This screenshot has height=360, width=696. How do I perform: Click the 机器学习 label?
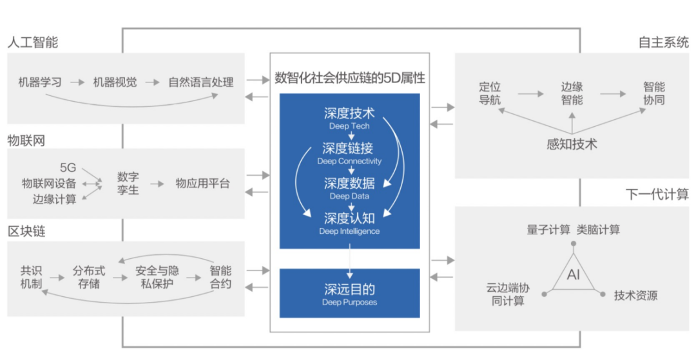pyautogui.click(x=40, y=82)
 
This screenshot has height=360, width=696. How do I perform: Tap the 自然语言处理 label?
pyautogui.click(x=200, y=82)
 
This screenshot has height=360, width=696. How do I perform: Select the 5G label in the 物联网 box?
pyautogui.click(x=68, y=167)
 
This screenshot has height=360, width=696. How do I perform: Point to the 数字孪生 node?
pyautogui.click(x=128, y=184)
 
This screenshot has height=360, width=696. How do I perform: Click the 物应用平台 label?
pyautogui.click(x=202, y=184)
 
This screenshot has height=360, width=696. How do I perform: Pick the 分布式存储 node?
pyautogui.click(x=89, y=277)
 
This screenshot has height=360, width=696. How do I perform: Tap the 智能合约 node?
pyautogui.click(x=220, y=277)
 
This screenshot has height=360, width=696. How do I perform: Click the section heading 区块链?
pyautogui.click(x=26, y=231)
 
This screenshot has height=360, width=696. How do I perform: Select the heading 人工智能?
pyautogui.click(x=33, y=42)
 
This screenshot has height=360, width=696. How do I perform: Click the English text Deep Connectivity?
pyautogui.click(x=349, y=162)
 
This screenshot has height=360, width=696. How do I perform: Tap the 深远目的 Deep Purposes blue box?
pyautogui.click(x=350, y=293)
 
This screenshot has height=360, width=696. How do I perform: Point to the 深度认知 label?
pyautogui.click(x=349, y=218)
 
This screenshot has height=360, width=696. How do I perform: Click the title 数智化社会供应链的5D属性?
pyautogui.click(x=350, y=78)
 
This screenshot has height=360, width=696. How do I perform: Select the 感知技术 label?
pyautogui.click(x=572, y=144)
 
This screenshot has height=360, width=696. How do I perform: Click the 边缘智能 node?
pyautogui.click(x=572, y=93)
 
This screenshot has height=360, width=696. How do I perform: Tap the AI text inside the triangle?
pyautogui.click(x=574, y=274)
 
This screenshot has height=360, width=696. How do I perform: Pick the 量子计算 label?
pyautogui.click(x=548, y=230)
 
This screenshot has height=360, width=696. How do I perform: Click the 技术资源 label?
pyautogui.click(x=635, y=296)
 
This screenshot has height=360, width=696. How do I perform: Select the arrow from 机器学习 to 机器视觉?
pyautogui.click(x=77, y=82)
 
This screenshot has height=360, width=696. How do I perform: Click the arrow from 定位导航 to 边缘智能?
pyautogui.click(x=530, y=93)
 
